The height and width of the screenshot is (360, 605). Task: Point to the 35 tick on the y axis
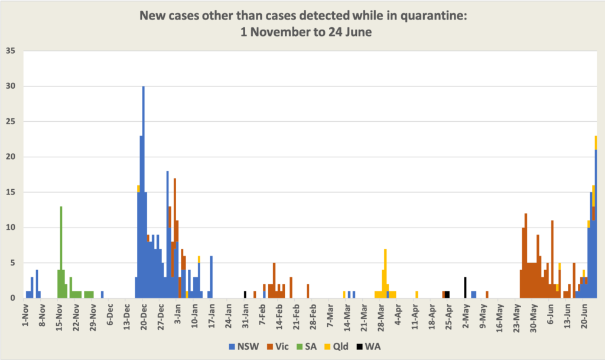coord(11,51)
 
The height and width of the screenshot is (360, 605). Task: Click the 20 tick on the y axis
coord(11,157)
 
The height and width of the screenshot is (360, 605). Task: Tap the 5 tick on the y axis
coord(13,263)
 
